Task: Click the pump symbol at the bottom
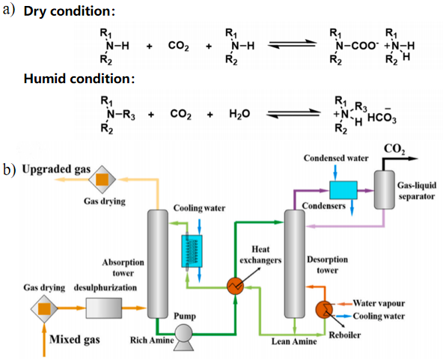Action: click(x=183, y=337)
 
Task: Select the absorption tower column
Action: click(x=158, y=264)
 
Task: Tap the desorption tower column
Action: click(x=295, y=264)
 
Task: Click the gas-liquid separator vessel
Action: click(x=384, y=189)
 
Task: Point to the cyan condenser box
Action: click(x=343, y=190)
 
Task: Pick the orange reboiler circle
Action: click(x=324, y=309)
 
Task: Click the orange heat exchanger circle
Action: click(x=235, y=286)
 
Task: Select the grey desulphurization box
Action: click(x=104, y=308)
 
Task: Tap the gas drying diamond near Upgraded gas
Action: click(x=102, y=180)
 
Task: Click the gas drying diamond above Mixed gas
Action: click(x=44, y=309)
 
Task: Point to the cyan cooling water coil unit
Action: click(x=192, y=251)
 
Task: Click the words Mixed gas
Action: click(x=75, y=339)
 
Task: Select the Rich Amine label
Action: click(x=152, y=340)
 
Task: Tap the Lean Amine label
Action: click(x=294, y=341)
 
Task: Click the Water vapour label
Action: click(x=379, y=303)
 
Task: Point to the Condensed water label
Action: click(x=336, y=158)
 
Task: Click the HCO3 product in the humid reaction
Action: click(x=382, y=116)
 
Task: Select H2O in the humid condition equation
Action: click(x=239, y=115)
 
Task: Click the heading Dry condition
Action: click(x=69, y=11)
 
